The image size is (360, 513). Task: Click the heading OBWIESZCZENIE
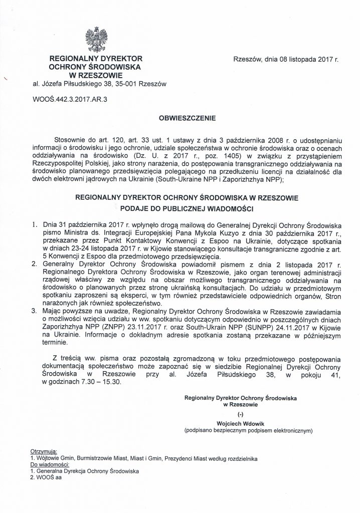click(x=187, y=119)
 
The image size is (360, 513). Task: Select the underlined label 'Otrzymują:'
click(x=45, y=451)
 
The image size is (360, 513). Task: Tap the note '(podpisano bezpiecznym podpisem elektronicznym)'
click(x=248, y=430)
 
